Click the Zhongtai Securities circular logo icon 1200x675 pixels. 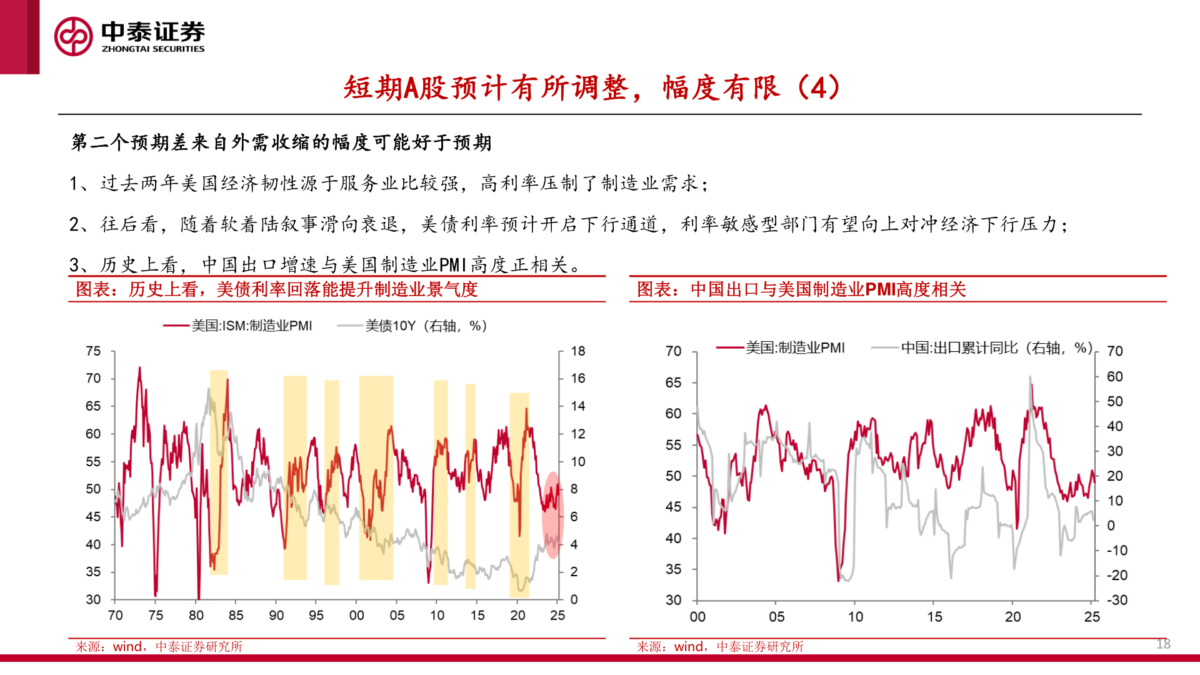click(x=73, y=36)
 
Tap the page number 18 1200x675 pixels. click(x=1162, y=644)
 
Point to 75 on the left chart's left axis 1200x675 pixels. click(x=93, y=351)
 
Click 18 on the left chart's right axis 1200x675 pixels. click(x=577, y=351)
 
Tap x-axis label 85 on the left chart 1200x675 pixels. click(x=236, y=616)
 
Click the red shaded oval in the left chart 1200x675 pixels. click(x=552, y=514)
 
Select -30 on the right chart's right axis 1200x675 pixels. click(x=1117, y=600)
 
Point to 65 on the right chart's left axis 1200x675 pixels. click(x=673, y=382)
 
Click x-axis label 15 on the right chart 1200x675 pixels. click(x=934, y=617)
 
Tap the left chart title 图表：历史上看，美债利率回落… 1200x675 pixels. click(x=276, y=289)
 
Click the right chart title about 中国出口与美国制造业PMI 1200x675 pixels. click(x=801, y=289)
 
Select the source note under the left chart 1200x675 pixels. click(x=159, y=647)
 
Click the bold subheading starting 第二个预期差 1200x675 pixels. click(x=281, y=142)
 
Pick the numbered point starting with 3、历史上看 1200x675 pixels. click(x=325, y=265)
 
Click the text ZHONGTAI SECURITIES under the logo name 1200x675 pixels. click(x=153, y=49)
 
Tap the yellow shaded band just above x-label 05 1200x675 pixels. click(x=376, y=478)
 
